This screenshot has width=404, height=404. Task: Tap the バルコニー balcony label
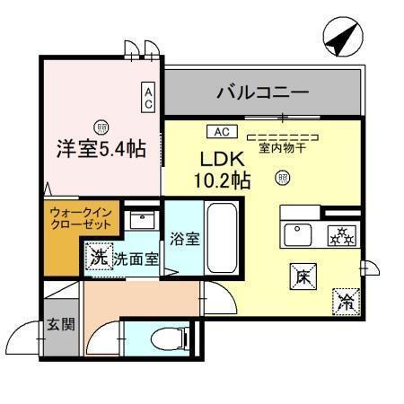(x=263, y=92)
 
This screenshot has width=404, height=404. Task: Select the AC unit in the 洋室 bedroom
(x=149, y=97)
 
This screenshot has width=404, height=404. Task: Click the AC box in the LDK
(x=222, y=131)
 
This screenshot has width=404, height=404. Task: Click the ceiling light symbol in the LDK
(x=283, y=178)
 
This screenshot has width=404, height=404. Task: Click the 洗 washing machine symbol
(x=99, y=258)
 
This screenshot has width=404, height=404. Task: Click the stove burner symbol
(x=342, y=236)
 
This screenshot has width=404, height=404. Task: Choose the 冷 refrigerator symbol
(x=345, y=301)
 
